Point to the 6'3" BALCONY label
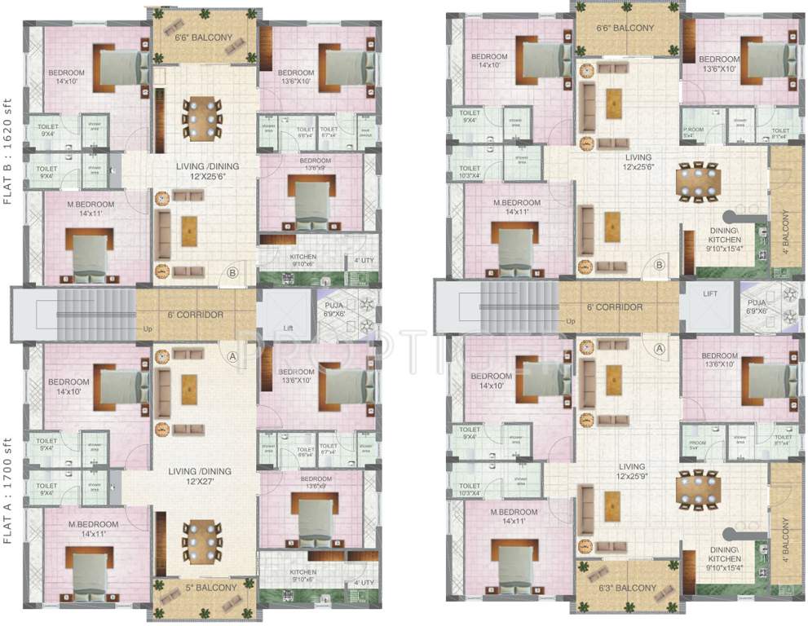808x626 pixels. [627, 588]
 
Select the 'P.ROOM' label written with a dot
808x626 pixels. [693, 130]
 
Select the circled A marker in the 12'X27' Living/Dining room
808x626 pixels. [232, 356]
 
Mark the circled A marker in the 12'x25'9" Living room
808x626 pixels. [659, 349]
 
